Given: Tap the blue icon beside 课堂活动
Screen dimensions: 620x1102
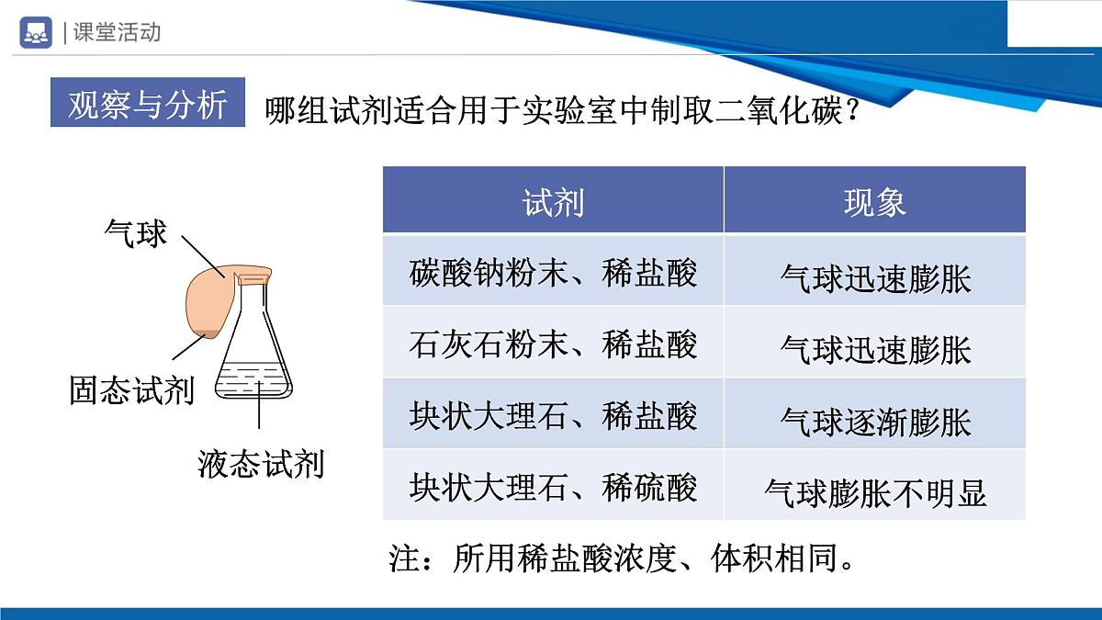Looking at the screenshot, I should (36, 31).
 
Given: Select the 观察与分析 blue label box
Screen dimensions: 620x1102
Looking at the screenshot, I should (148, 105).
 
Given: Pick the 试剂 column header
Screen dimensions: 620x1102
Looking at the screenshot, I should (553, 201).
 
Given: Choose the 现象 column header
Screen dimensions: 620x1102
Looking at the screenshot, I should (874, 201).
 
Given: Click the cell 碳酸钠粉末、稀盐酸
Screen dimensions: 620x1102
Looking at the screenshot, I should (553, 273).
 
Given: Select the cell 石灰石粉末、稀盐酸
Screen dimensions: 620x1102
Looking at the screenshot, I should (553, 344).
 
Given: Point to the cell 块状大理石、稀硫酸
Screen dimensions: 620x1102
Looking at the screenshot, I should (553, 487).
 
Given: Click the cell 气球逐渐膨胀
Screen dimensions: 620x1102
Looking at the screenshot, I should (874, 422).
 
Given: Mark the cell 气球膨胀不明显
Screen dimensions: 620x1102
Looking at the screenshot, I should (874, 493).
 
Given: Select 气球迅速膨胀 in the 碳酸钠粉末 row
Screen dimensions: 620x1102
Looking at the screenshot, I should (874, 278).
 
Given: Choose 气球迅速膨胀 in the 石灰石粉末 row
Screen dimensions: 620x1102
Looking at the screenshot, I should (874, 350).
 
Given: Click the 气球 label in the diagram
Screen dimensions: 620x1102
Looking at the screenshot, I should (136, 233).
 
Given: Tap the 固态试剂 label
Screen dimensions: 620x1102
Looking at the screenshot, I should (132, 390).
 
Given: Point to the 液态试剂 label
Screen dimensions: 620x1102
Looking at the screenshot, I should (261, 464).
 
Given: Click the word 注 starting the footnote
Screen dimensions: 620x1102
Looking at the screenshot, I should (404, 558).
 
